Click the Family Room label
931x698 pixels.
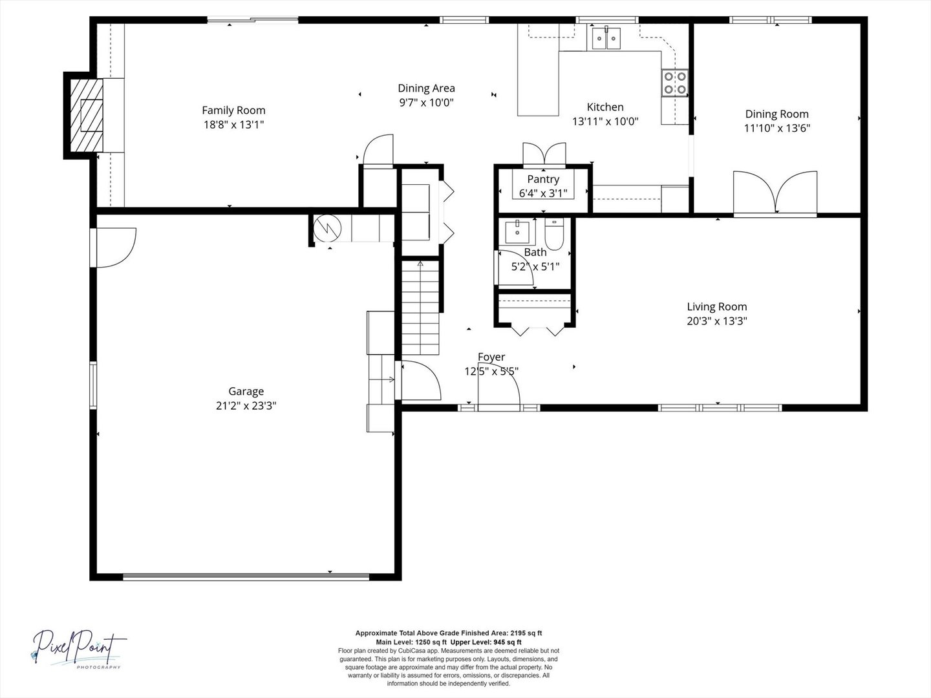(x=233, y=110)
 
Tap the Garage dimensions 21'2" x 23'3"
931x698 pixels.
(x=246, y=406)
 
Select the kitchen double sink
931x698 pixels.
(x=606, y=38)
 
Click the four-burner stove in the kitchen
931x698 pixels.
(x=675, y=83)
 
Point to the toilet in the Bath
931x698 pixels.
(x=553, y=235)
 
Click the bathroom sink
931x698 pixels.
(x=517, y=233)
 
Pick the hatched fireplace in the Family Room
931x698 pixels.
(x=87, y=115)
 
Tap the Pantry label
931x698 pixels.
(x=543, y=179)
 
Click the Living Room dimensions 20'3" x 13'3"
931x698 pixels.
(x=717, y=321)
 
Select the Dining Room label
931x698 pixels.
(x=776, y=114)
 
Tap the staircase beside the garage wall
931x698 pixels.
(x=420, y=308)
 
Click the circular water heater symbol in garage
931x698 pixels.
(x=327, y=228)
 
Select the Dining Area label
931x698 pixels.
(x=426, y=88)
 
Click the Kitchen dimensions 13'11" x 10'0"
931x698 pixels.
(x=605, y=122)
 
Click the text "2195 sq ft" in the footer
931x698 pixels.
(x=526, y=633)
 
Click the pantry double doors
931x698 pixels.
(x=544, y=153)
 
